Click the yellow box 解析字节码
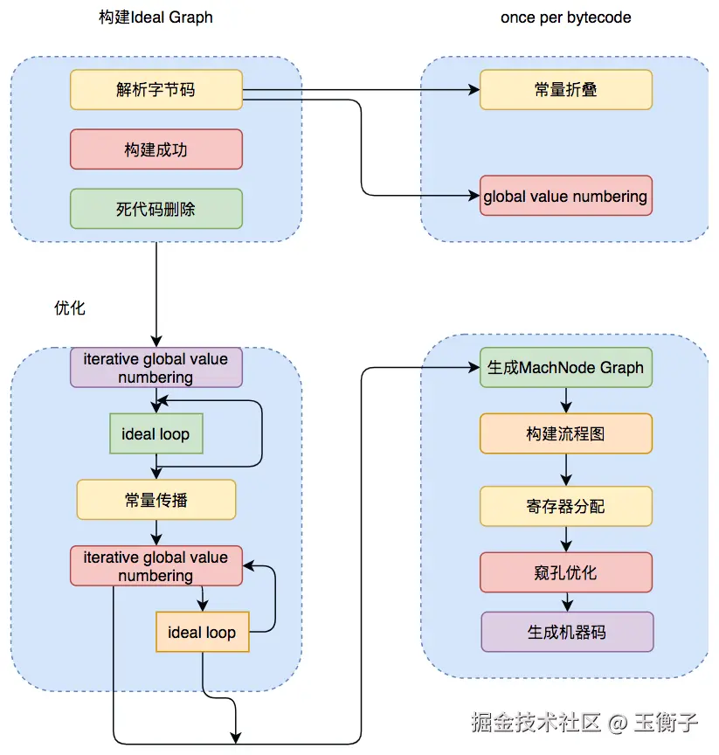tap(156, 90)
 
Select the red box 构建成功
tap(156, 149)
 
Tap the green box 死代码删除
tap(156, 209)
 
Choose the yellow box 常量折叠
tap(565, 90)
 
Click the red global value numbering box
tap(565, 196)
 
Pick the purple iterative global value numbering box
tap(156, 368)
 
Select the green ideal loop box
tap(156, 434)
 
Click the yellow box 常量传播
tap(156, 500)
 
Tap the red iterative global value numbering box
tap(156, 566)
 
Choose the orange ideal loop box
tap(202, 632)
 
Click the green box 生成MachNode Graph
tap(565, 368)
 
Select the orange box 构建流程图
tap(565, 434)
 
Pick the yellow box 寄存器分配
tap(565, 506)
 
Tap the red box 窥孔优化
tap(565, 572)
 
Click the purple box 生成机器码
tap(566, 632)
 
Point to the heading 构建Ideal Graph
tap(156, 17)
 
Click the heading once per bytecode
tap(565, 17)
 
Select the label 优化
tap(70, 308)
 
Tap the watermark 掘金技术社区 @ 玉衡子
tap(584, 722)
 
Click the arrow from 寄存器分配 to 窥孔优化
tap(566, 540)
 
